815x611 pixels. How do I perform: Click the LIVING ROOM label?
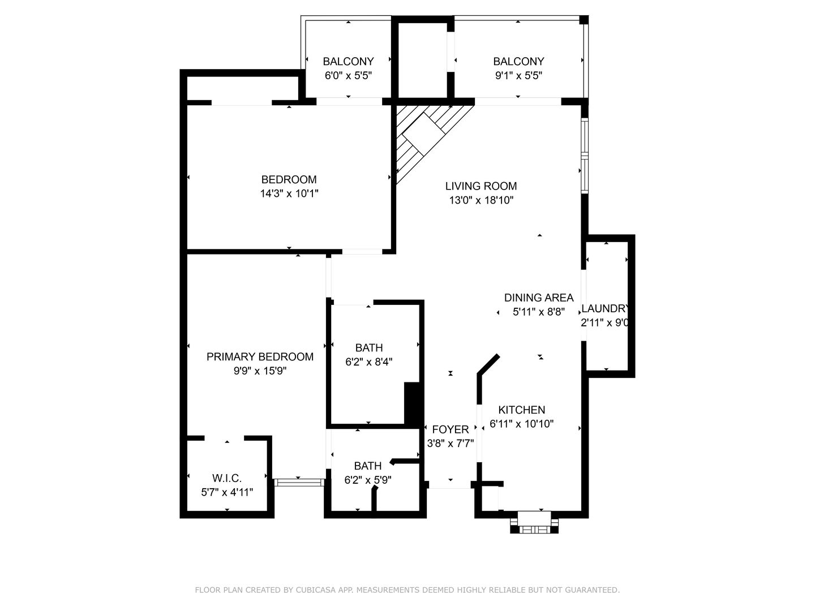pyautogui.click(x=481, y=186)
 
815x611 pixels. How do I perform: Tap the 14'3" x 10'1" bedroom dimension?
pyautogui.click(x=289, y=193)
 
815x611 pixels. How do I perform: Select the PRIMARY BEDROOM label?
pyautogui.click(x=260, y=357)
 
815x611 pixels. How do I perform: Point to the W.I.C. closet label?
pyautogui.click(x=227, y=478)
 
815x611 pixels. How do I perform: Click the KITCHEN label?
pyautogui.click(x=522, y=410)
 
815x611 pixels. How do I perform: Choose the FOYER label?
pyautogui.click(x=451, y=429)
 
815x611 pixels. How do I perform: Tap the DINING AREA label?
pyautogui.click(x=539, y=298)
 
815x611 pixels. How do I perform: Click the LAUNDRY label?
pyautogui.click(x=605, y=309)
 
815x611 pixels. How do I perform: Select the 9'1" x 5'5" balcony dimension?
pyautogui.click(x=518, y=76)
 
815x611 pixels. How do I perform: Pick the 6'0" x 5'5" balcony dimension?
pyautogui.click(x=348, y=76)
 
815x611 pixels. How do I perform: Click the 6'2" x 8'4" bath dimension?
pyautogui.click(x=368, y=362)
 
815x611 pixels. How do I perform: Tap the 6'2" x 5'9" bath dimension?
pyautogui.click(x=367, y=480)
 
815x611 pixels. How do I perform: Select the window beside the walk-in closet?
pyautogui.click(x=299, y=482)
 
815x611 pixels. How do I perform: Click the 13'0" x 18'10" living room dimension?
pyautogui.click(x=481, y=200)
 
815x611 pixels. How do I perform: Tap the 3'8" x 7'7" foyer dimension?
pyautogui.click(x=451, y=444)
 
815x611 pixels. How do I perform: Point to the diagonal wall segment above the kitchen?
pyautogui.click(x=488, y=364)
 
